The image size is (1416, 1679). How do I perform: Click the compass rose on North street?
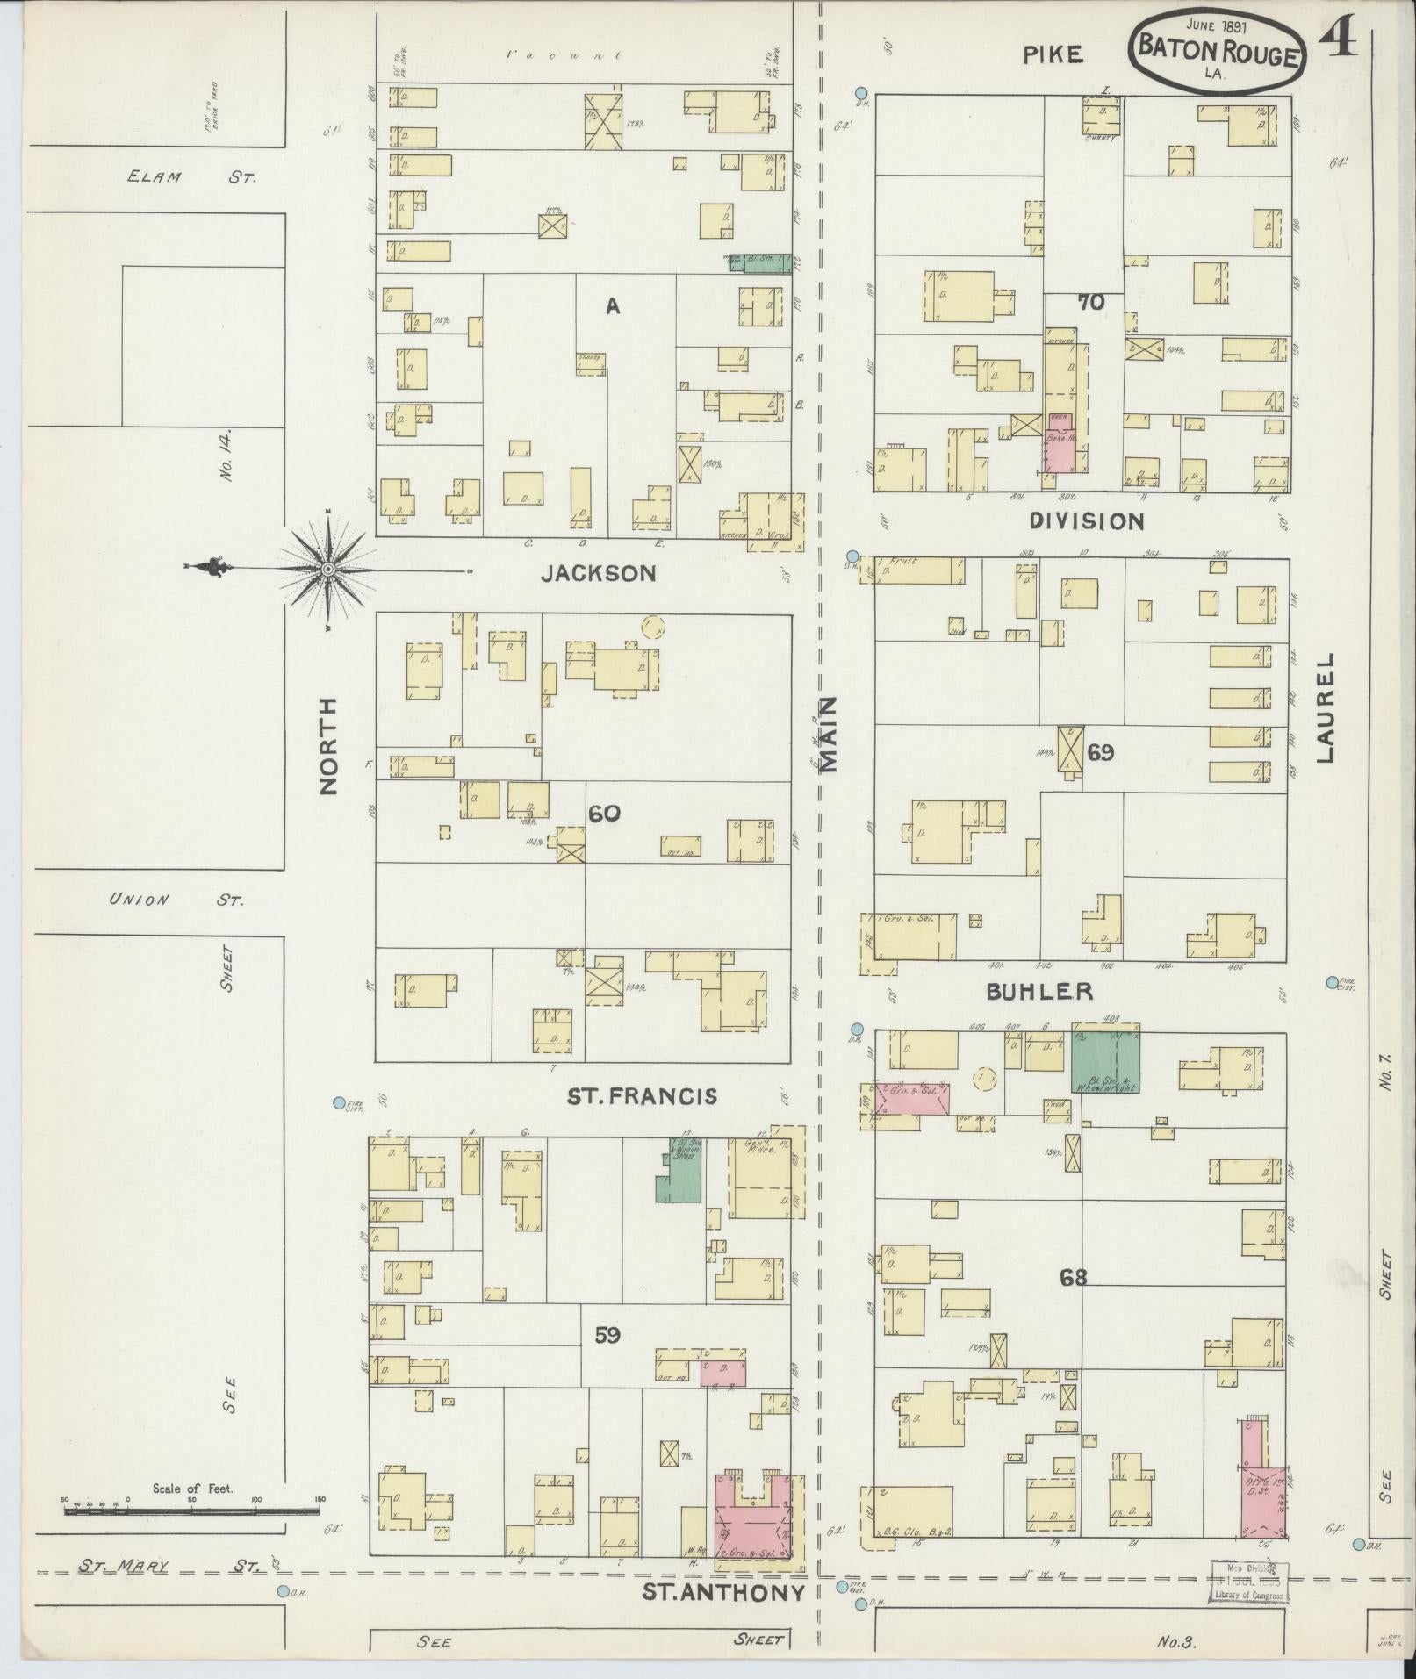click(x=328, y=570)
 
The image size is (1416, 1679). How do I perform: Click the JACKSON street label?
click(x=599, y=573)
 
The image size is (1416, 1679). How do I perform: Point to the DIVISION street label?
click(x=1086, y=521)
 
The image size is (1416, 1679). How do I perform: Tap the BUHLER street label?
click(x=1039, y=992)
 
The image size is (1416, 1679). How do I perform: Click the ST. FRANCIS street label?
click(x=642, y=1096)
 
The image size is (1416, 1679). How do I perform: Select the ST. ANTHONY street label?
click(x=723, y=1593)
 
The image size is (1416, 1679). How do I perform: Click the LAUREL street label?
click(x=1325, y=707)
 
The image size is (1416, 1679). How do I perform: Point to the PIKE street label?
click(x=1053, y=55)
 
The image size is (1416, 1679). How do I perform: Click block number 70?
click(x=1091, y=303)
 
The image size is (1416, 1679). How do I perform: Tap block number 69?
click(x=1100, y=752)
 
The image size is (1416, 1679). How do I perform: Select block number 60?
click(x=604, y=814)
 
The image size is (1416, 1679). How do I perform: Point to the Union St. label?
click(x=176, y=900)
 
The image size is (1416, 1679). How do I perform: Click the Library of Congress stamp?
click(x=1249, y=1582)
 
